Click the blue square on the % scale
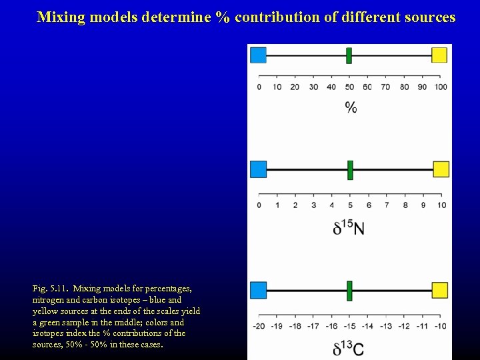pyautogui.click(x=258, y=55)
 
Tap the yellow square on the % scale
pyautogui.click(x=440, y=55)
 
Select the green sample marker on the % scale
pyautogui.click(x=349, y=55)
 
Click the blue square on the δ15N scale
pyautogui.click(x=258, y=169)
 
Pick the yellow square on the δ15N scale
pyautogui.click(x=441, y=169)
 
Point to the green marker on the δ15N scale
pyautogui.click(x=350, y=169)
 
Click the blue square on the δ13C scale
pyautogui.click(x=258, y=290)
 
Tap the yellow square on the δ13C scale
pyautogui.click(x=440, y=290)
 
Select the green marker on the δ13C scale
pyautogui.click(x=349, y=290)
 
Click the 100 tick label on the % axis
pyautogui.click(x=441, y=87)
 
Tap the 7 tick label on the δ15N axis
pyautogui.click(x=387, y=205)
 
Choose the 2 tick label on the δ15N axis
pyautogui.click(x=295, y=205)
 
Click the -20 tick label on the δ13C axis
pyautogui.click(x=259, y=326)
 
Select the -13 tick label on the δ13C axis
pyautogui.click(x=385, y=326)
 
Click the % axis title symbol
pyautogui.click(x=351, y=107)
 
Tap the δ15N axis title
pyautogui.click(x=349, y=228)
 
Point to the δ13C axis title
pyautogui.click(x=348, y=348)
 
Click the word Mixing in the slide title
pyautogui.click(x=61, y=17)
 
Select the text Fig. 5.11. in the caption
pyautogui.click(x=51, y=289)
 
